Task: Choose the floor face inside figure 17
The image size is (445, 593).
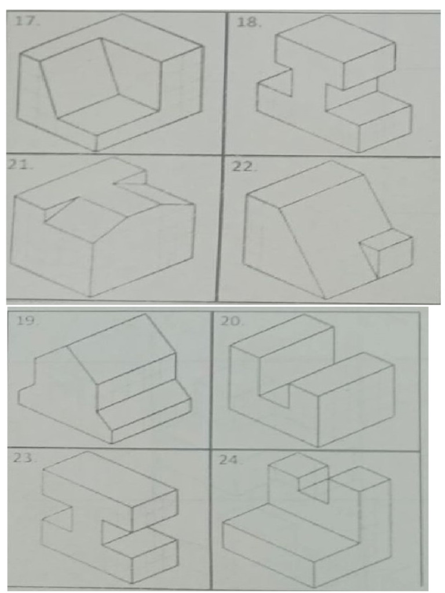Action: pos(107,116)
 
